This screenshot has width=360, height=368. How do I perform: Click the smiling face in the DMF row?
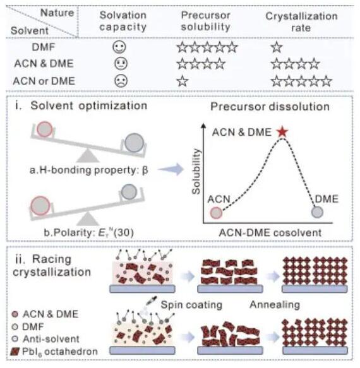point(119,47)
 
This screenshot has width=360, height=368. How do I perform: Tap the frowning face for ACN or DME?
point(121,81)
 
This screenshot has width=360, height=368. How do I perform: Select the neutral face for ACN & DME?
point(121,63)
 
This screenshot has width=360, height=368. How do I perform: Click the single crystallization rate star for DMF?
point(277,47)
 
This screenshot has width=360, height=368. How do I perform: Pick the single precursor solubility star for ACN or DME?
point(183,81)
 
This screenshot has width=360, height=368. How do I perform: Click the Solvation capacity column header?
point(123,21)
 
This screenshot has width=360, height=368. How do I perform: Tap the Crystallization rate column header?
point(301,22)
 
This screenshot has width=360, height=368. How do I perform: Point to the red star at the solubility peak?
point(282,132)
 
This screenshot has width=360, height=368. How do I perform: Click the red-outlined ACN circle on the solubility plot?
point(216,213)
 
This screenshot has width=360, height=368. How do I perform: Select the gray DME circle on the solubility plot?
point(317,212)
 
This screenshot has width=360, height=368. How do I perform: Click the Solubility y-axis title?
point(196,171)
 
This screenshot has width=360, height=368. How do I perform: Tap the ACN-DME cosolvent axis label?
point(270,233)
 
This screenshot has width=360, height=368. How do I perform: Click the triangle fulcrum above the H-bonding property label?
point(88,156)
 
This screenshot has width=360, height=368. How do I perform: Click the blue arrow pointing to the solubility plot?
point(171,169)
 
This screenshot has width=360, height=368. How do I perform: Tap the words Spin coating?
point(191,305)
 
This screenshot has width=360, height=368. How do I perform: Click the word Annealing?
point(275,305)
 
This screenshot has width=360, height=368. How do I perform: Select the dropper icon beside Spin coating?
point(151,301)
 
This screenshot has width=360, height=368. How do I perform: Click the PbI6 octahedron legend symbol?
point(15,352)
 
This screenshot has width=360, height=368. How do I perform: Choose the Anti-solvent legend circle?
point(15,339)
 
